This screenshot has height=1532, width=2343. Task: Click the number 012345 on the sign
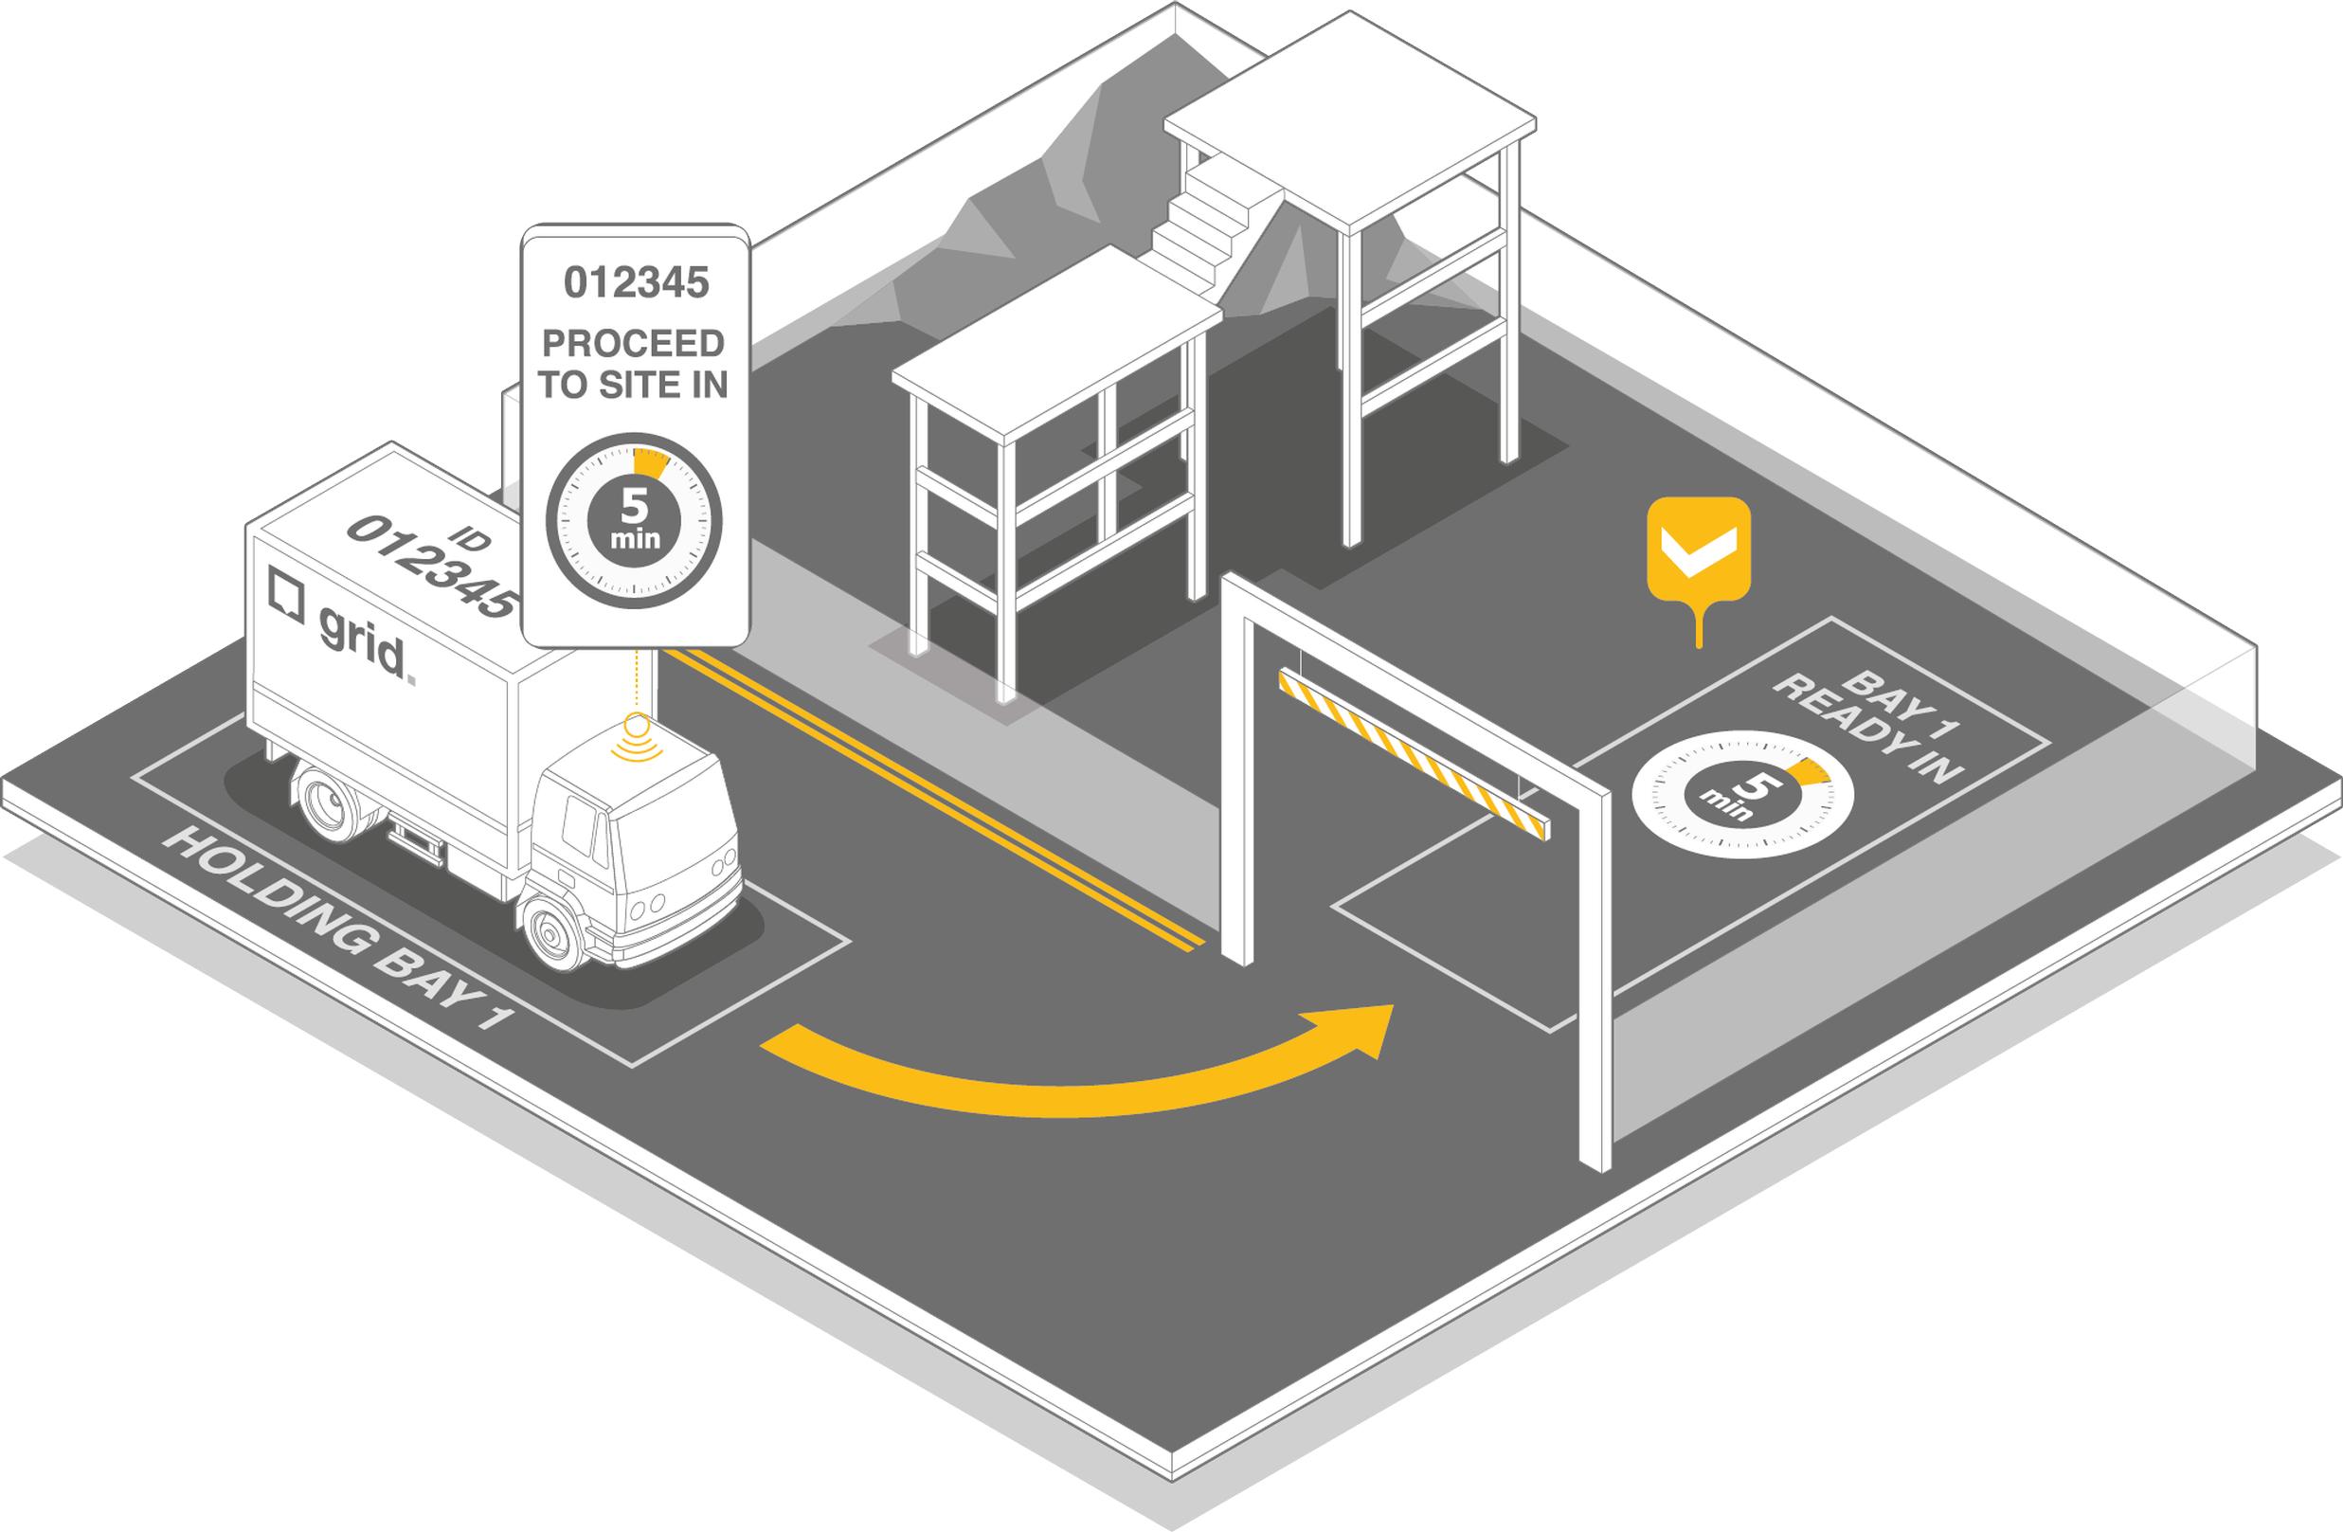tap(636, 282)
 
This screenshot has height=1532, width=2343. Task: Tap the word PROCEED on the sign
tap(634, 344)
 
